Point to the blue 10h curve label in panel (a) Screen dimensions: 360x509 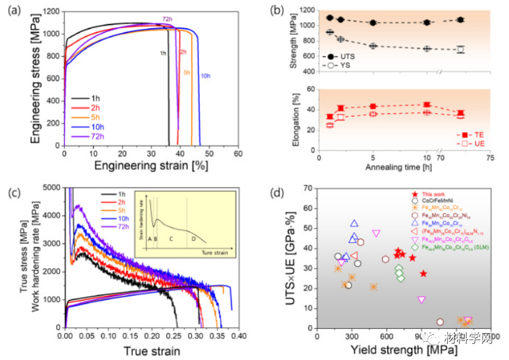[206, 76]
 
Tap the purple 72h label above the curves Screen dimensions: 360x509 [167, 20]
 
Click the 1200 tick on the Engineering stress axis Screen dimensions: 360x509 [52, 12]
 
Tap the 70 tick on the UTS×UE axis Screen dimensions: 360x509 [307, 189]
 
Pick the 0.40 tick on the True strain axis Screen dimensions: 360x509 [238, 336]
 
